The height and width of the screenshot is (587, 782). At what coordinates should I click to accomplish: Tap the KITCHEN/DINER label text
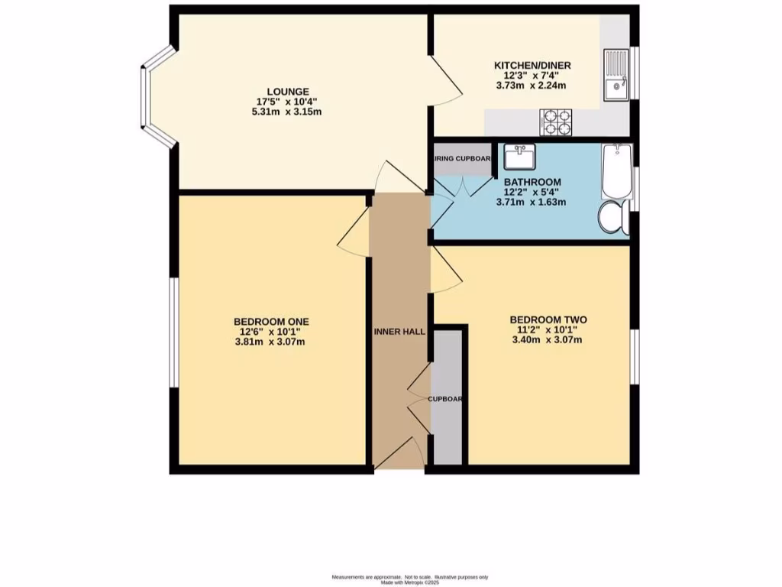pos(532,66)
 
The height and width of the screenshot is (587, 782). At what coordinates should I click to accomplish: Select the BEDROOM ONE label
pos(271,321)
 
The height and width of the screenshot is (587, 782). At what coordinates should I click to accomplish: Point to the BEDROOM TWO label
pos(548,319)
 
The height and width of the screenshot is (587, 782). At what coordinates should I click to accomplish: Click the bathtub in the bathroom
pos(615,170)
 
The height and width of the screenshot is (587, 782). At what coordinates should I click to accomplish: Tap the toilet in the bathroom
pos(612,217)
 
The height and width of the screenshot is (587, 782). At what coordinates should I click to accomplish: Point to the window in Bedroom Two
pos(633,356)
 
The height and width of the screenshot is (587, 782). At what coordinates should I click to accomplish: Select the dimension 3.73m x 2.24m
pos(532,86)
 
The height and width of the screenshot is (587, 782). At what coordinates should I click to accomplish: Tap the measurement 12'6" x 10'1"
pos(271,332)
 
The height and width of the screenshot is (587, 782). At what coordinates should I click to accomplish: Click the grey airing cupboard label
pos(463,159)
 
